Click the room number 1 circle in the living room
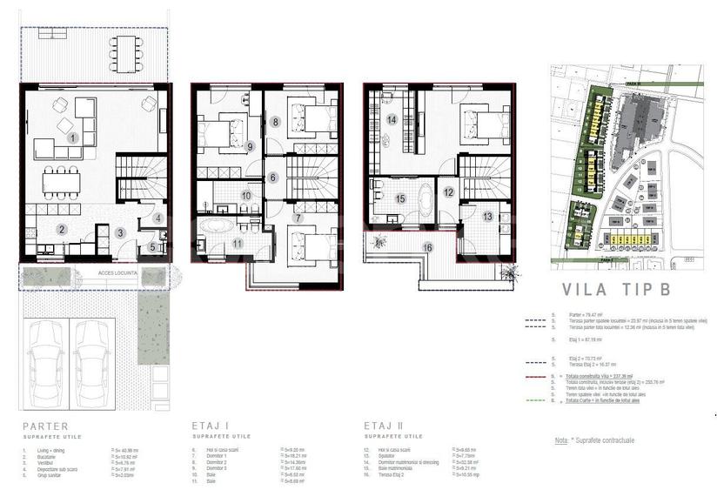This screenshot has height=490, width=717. click(73, 138)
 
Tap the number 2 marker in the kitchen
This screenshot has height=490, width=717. click(62, 230)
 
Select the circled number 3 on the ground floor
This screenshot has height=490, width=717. click(121, 232)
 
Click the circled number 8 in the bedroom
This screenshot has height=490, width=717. click(275, 123)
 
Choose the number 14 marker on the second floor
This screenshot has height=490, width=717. click(392, 119)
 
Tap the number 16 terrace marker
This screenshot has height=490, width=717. click(427, 247)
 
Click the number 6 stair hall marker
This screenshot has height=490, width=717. click(273, 178)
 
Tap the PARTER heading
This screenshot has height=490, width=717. click(44, 426)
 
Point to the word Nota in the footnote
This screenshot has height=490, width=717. click(561, 442)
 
